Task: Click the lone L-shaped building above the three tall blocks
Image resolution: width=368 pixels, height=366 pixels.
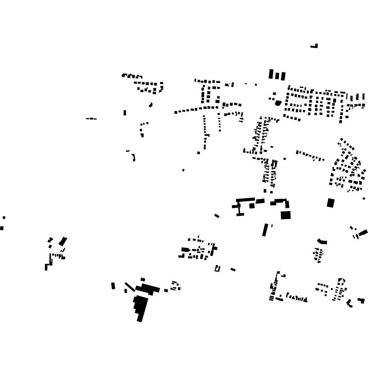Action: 315,46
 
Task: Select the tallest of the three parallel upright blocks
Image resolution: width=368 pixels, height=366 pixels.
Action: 271,74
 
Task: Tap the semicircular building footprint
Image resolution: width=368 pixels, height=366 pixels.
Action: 278,103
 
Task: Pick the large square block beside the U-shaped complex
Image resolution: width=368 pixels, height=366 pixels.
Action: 286,215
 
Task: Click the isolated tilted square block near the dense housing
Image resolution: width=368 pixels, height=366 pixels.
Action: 330,203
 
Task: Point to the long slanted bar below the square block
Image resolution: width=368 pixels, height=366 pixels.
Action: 265,230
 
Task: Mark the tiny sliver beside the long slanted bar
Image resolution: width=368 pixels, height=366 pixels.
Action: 272,226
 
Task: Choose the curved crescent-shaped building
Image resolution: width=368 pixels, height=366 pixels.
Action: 322,241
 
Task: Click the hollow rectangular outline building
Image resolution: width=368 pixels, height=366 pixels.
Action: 217,269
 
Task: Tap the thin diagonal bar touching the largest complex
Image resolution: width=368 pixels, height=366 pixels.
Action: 130,286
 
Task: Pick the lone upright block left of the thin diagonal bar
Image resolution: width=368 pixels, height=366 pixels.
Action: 113,286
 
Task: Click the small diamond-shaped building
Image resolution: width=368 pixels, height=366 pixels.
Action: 151,105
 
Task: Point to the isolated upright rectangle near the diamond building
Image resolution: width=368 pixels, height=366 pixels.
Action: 125,113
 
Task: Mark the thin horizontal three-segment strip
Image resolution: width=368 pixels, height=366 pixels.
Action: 91,118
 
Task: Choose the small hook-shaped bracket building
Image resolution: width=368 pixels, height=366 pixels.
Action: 134,157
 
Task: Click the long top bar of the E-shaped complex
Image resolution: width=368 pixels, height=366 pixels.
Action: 245,200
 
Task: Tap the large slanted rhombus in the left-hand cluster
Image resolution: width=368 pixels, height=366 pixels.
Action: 63,241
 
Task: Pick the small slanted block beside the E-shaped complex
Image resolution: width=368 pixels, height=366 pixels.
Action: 217,216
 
